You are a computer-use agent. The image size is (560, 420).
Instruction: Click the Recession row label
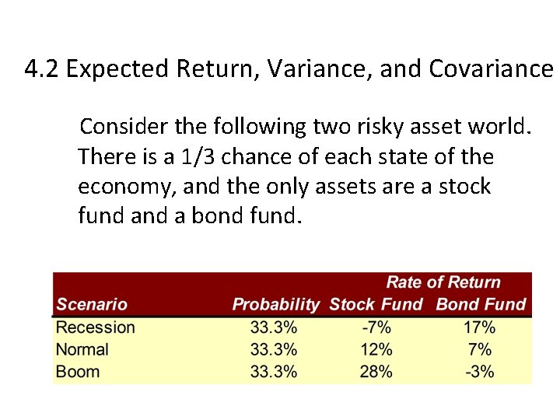click(95, 327)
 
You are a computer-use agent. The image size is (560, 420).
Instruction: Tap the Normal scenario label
click(82, 349)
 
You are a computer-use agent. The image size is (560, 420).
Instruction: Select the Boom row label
click(78, 371)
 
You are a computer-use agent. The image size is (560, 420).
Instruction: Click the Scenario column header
click(91, 304)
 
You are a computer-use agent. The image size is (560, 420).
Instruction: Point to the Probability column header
click(275, 304)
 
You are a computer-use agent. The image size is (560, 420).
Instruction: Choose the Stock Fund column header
click(376, 304)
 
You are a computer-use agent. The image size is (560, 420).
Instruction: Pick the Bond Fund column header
click(481, 304)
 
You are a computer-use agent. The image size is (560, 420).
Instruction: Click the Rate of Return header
click(443, 282)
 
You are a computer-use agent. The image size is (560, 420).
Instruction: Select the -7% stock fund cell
click(376, 327)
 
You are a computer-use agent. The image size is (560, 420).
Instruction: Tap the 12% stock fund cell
click(376, 349)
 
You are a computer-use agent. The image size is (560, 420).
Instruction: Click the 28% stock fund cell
click(376, 371)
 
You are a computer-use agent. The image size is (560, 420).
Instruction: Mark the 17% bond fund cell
click(479, 327)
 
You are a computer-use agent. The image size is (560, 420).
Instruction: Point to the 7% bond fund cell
click(480, 349)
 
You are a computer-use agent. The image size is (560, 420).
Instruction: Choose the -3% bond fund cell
click(479, 371)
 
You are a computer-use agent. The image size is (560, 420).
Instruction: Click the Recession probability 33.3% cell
click(274, 327)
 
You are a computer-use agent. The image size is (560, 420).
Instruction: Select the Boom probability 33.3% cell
click(274, 371)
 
